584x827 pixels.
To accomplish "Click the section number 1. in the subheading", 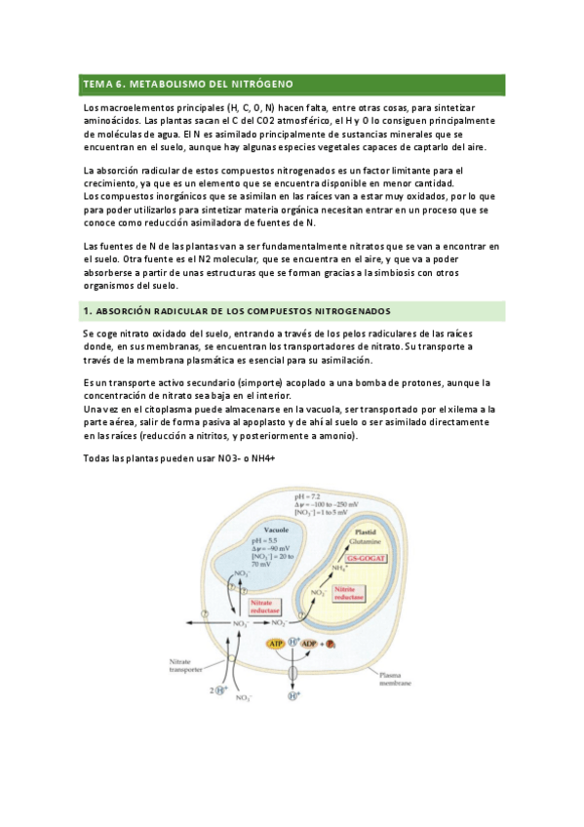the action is pyautogui.click(x=87, y=311).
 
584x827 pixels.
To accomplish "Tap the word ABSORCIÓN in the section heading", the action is pyautogui.click(x=128, y=311).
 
